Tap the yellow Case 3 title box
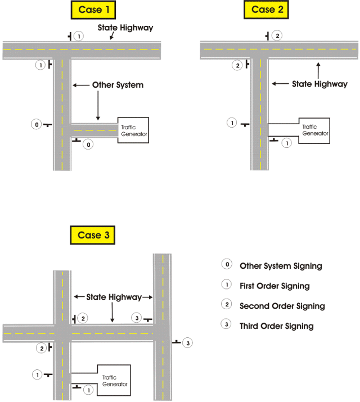(92, 236)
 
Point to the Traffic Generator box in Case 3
(115, 381)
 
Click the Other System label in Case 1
(118, 85)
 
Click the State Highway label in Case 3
(113, 297)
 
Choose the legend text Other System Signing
(281, 266)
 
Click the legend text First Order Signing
(274, 286)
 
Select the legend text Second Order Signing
(282, 306)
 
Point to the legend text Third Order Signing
(277, 326)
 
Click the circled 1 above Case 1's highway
(79, 36)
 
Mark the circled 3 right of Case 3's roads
(187, 342)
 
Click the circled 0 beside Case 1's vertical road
(36, 124)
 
